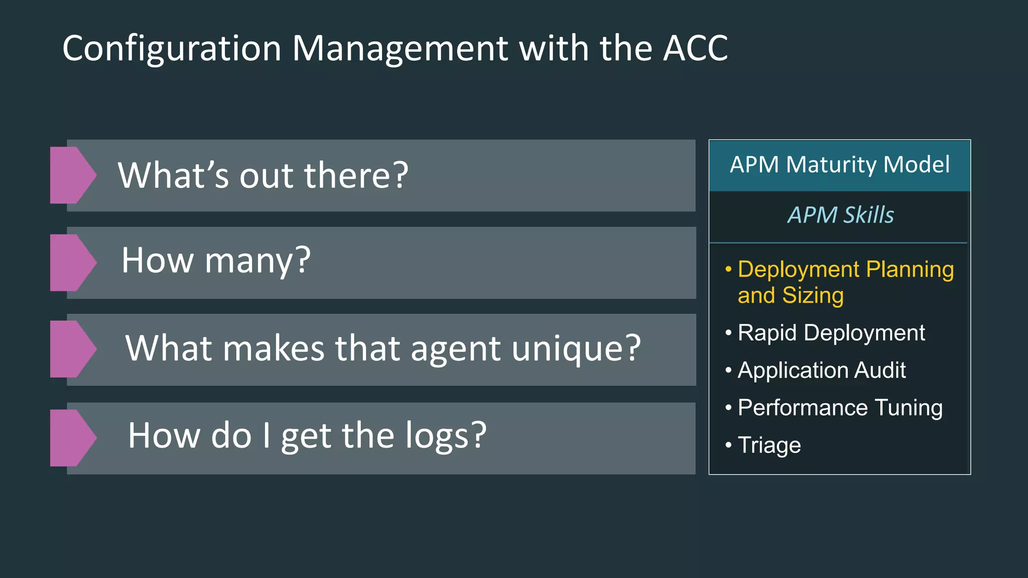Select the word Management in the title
coord(400,49)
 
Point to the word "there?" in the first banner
coord(356,176)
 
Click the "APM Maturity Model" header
coord(839,165)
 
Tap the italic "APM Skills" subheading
coord(840,215)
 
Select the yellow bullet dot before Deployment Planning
coord(728,270)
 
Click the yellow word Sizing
coord(813,296)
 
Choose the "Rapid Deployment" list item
coord(831,333)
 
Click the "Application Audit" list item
coord(821,370)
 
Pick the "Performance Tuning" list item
coord(840,408)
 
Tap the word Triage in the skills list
coord(769,445)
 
